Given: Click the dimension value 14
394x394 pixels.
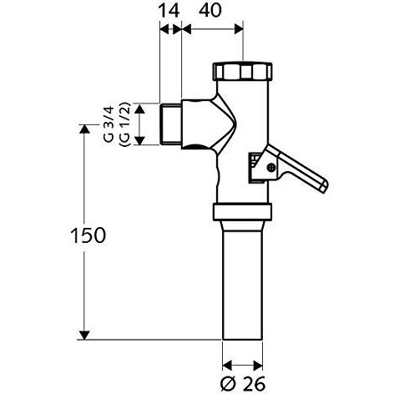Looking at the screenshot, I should tap(170, 12).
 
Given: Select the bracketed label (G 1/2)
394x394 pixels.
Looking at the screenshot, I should tap(124, 123).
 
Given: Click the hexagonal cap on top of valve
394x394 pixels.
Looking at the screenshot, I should tap(242, 70).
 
